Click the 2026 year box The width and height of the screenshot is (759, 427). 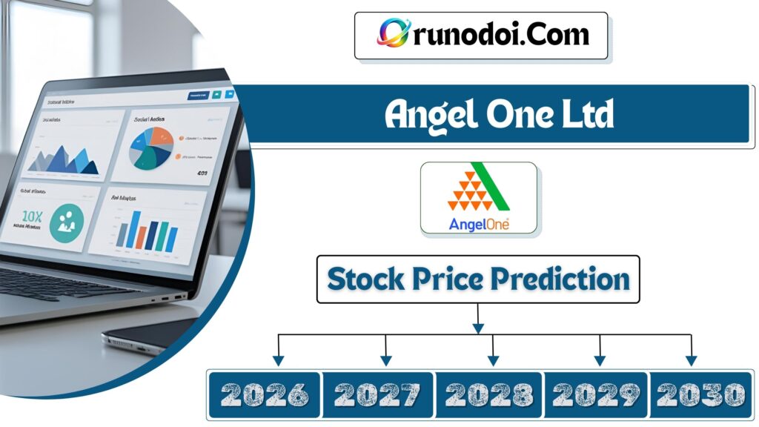coord(264,394)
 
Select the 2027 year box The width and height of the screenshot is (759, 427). coord(378,394)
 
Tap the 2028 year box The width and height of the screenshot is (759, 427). coord(489,394)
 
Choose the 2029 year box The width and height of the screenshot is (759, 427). coord(597,394)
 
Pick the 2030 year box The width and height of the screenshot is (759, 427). coord(700,394)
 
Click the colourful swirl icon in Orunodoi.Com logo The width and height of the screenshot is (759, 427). coord(391,33)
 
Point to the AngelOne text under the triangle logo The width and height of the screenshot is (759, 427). coord(479,223)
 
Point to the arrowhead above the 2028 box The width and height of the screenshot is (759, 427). coord(493,360)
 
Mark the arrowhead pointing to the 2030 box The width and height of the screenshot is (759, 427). coord(692,360)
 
